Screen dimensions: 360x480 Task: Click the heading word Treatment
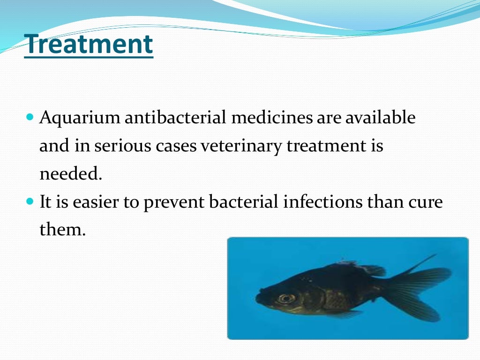pyautogui.click(x=89, y=45)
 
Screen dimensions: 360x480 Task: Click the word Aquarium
pyautogui.click(x=79, y=118)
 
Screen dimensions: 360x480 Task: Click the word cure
pyautogui.click(x=424, y=203)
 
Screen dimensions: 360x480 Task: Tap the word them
pyautogui.click(x=63, y=230)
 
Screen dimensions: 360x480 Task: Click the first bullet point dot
pyautogui.click(x=29, y=115)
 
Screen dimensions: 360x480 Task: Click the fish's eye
pyautogui.click(x=285, y=298)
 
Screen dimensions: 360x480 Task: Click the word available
pyautogui.click(x=380, y=118)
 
